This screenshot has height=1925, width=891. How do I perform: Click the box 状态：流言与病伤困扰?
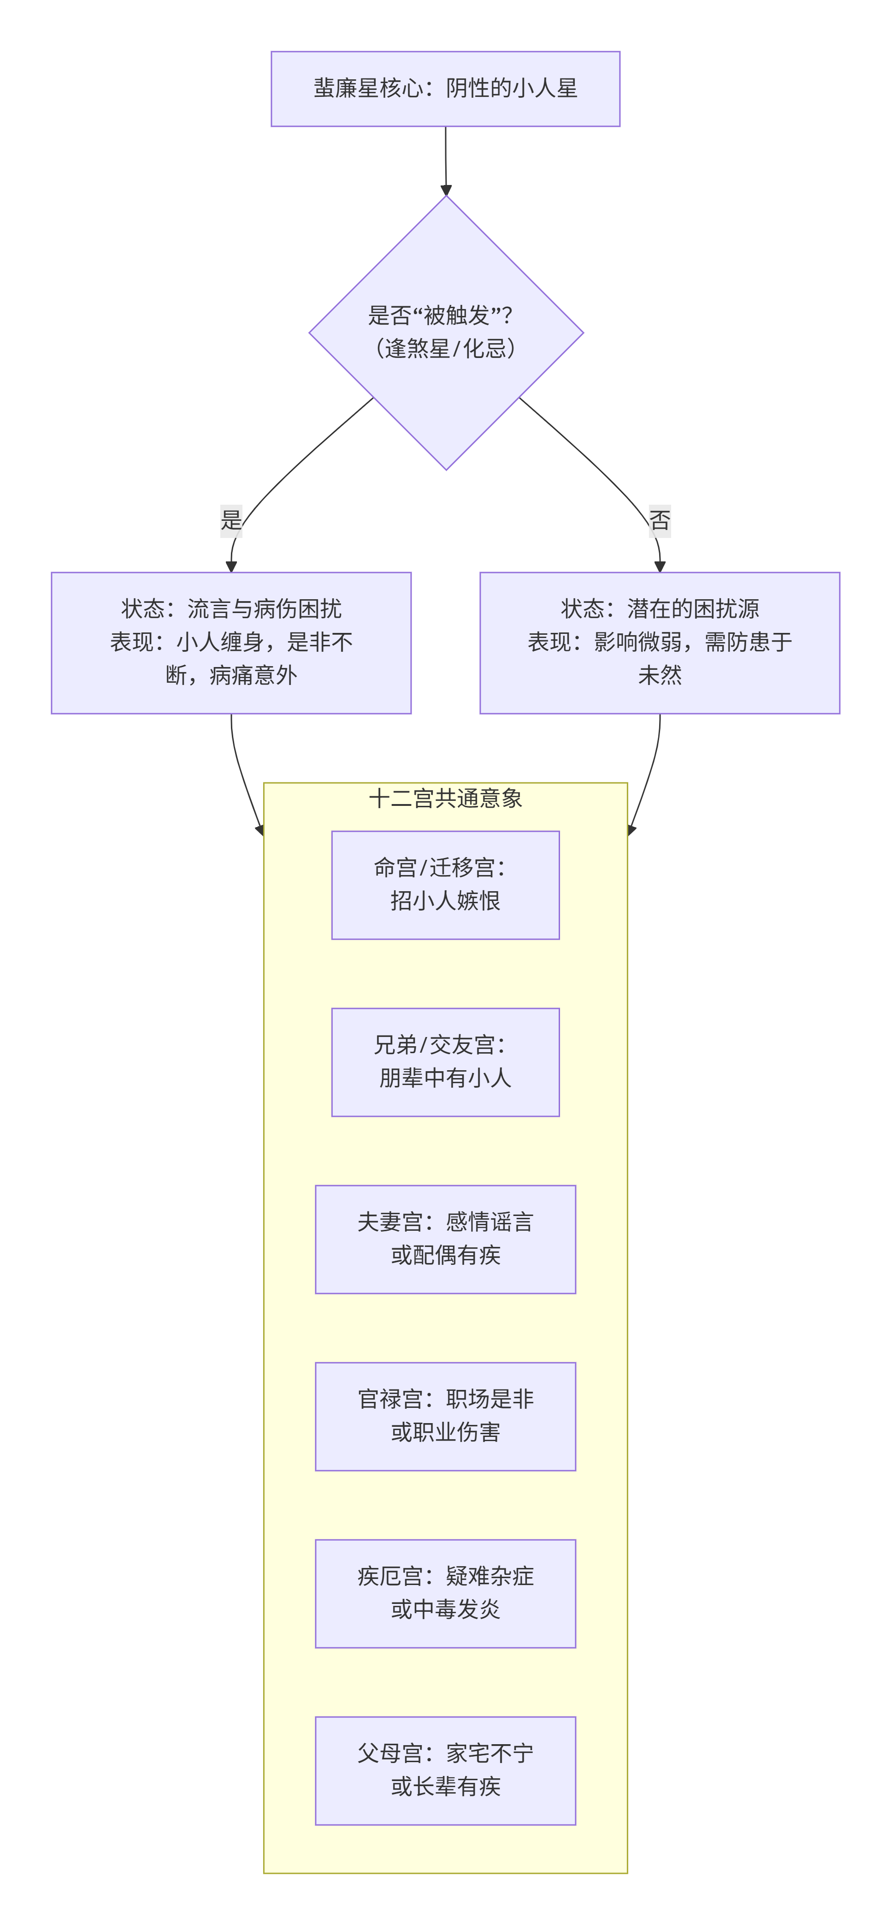point(231,643)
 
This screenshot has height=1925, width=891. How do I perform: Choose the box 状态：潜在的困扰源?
point(660,643)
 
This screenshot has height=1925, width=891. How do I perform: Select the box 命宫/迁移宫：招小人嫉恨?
point(445,885)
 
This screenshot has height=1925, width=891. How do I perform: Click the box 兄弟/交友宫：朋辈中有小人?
point(445,1062)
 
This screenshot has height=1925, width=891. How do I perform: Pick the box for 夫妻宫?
point(445,1239)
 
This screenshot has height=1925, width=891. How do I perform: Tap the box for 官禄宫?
point(445,1416)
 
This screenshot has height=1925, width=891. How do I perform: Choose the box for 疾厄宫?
point(445,1593)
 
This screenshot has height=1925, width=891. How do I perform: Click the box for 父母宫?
point(445,1770)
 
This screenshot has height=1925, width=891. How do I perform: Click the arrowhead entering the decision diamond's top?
point(446,191)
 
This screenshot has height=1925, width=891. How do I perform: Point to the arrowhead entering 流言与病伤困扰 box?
point(231,566)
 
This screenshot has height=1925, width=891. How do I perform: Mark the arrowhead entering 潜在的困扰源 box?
point(660,566)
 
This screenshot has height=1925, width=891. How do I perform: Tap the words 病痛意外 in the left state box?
point(253,675)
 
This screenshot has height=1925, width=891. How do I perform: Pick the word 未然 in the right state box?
point(660,675)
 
